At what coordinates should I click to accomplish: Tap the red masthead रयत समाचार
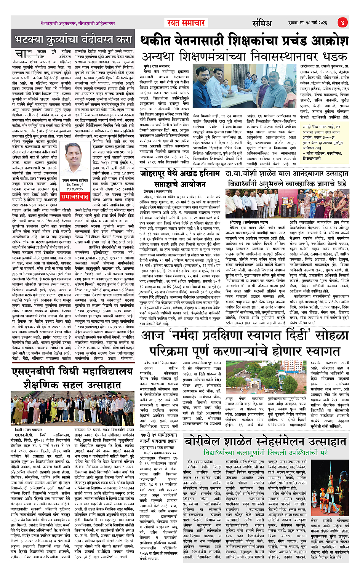point(186,23)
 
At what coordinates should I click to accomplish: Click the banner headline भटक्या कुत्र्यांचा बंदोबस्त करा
point(74,40)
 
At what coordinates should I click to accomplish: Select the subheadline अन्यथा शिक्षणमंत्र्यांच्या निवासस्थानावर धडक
point(244,56)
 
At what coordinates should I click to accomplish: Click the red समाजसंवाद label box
point(75,197)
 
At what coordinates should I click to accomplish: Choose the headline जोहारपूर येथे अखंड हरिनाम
point(179,173)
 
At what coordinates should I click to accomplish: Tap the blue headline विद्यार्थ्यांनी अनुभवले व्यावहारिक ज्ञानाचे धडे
point(286,183)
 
